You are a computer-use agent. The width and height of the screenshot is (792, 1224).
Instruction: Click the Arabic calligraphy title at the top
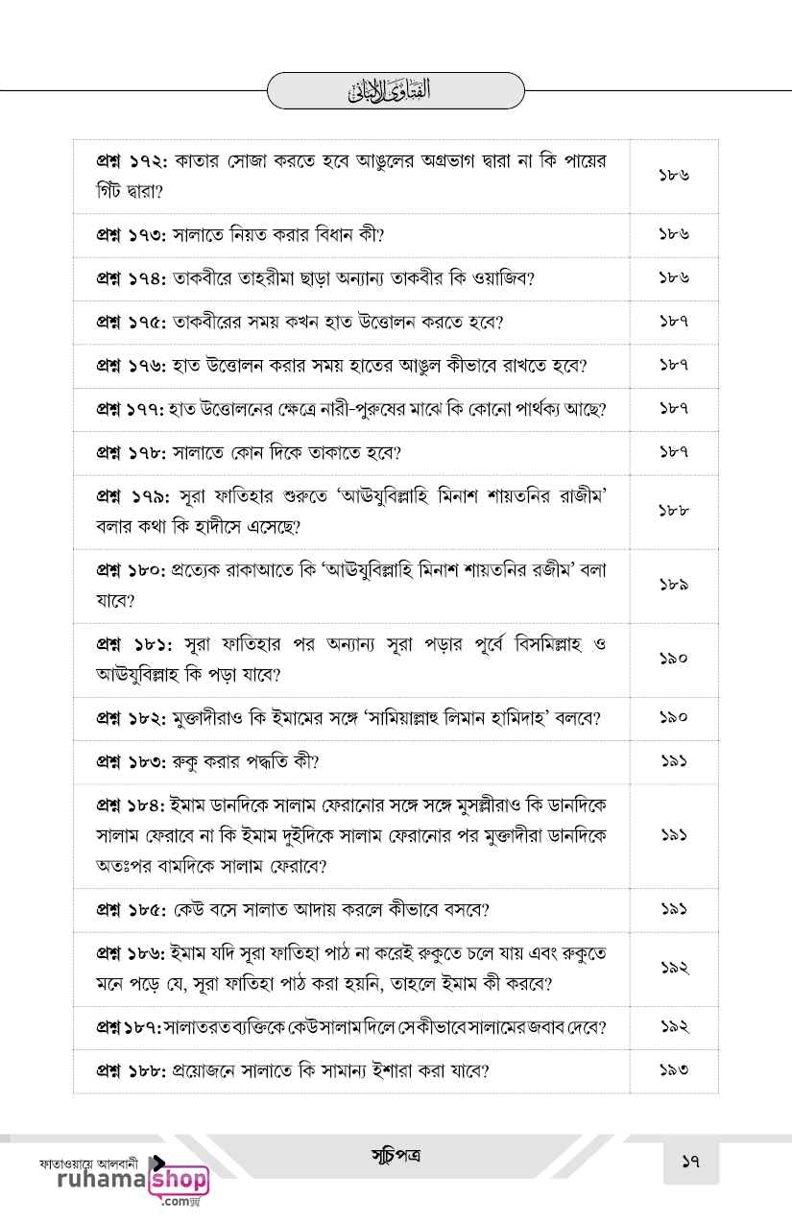396,91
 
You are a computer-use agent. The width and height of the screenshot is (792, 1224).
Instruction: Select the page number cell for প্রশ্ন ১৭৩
674,234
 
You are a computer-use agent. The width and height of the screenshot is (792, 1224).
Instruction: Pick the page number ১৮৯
674,585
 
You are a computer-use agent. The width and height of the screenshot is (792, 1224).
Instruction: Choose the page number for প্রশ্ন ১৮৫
674,908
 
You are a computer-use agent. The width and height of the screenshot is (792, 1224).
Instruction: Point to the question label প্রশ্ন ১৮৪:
132,803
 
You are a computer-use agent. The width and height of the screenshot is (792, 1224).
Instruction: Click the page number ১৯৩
674,1070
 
